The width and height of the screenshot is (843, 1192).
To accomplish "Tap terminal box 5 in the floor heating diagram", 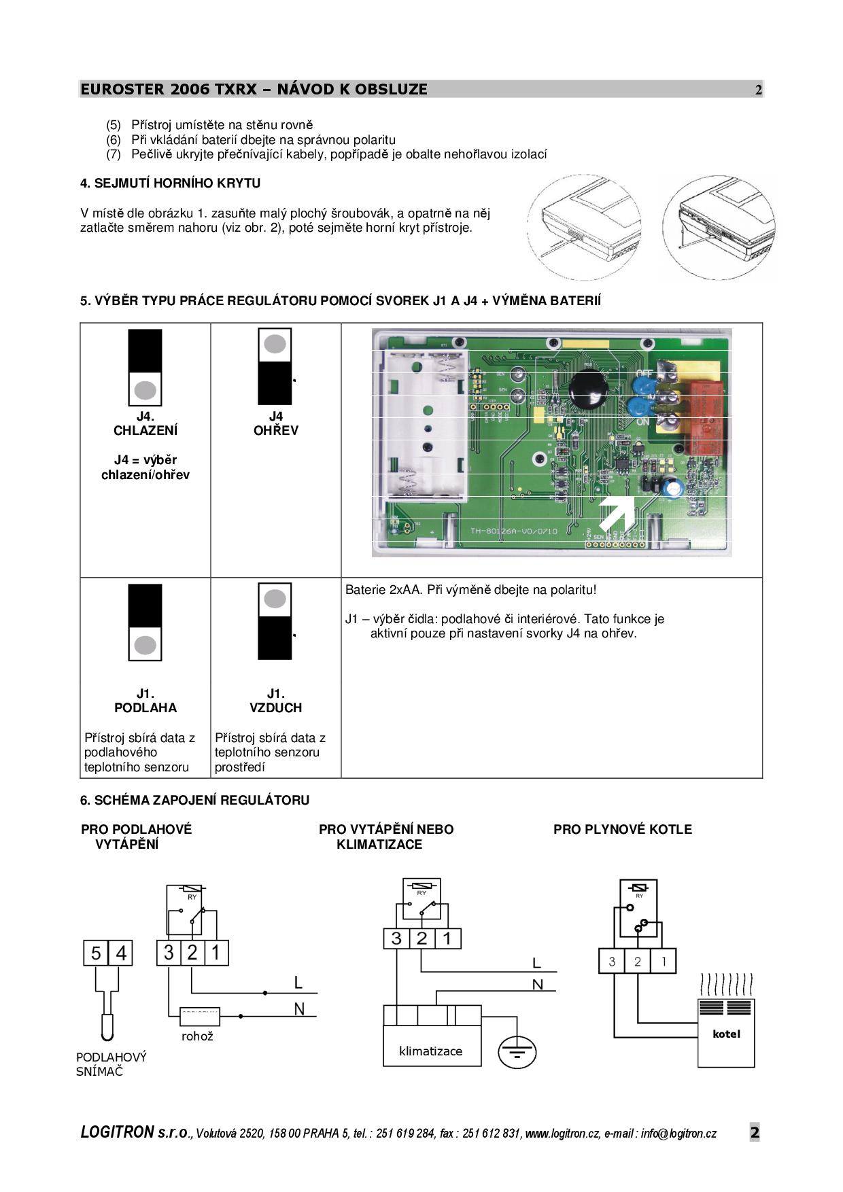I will [96, 953].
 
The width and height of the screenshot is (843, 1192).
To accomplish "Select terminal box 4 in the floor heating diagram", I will [121, 953].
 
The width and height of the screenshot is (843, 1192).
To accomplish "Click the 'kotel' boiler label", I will [726, 1034].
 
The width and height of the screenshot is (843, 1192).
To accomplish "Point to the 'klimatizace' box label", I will [430, 1051].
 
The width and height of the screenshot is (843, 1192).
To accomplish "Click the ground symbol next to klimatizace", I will [517, 1053].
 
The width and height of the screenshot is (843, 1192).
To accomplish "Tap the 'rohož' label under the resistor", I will [197, 1036].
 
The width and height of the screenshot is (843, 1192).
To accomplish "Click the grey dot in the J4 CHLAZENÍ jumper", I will [145, 390].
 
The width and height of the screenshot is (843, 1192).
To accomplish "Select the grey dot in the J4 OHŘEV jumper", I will [275, 344].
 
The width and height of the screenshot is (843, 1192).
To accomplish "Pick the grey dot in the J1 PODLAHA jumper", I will [145, 645].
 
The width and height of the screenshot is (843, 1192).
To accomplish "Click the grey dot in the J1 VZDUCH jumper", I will [275, 599].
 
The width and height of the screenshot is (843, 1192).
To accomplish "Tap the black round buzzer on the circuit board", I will [584, 389].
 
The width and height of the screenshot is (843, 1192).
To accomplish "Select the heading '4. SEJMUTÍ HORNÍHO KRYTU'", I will [170, 183].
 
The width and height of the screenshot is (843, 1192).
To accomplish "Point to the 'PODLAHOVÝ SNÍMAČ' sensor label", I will [111, 1064].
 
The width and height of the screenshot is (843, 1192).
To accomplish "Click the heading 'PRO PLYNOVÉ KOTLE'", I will [622, 829].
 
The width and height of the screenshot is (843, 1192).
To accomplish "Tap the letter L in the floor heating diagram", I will [298, 982].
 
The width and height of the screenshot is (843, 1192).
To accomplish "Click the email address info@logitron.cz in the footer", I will [678, 1134].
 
